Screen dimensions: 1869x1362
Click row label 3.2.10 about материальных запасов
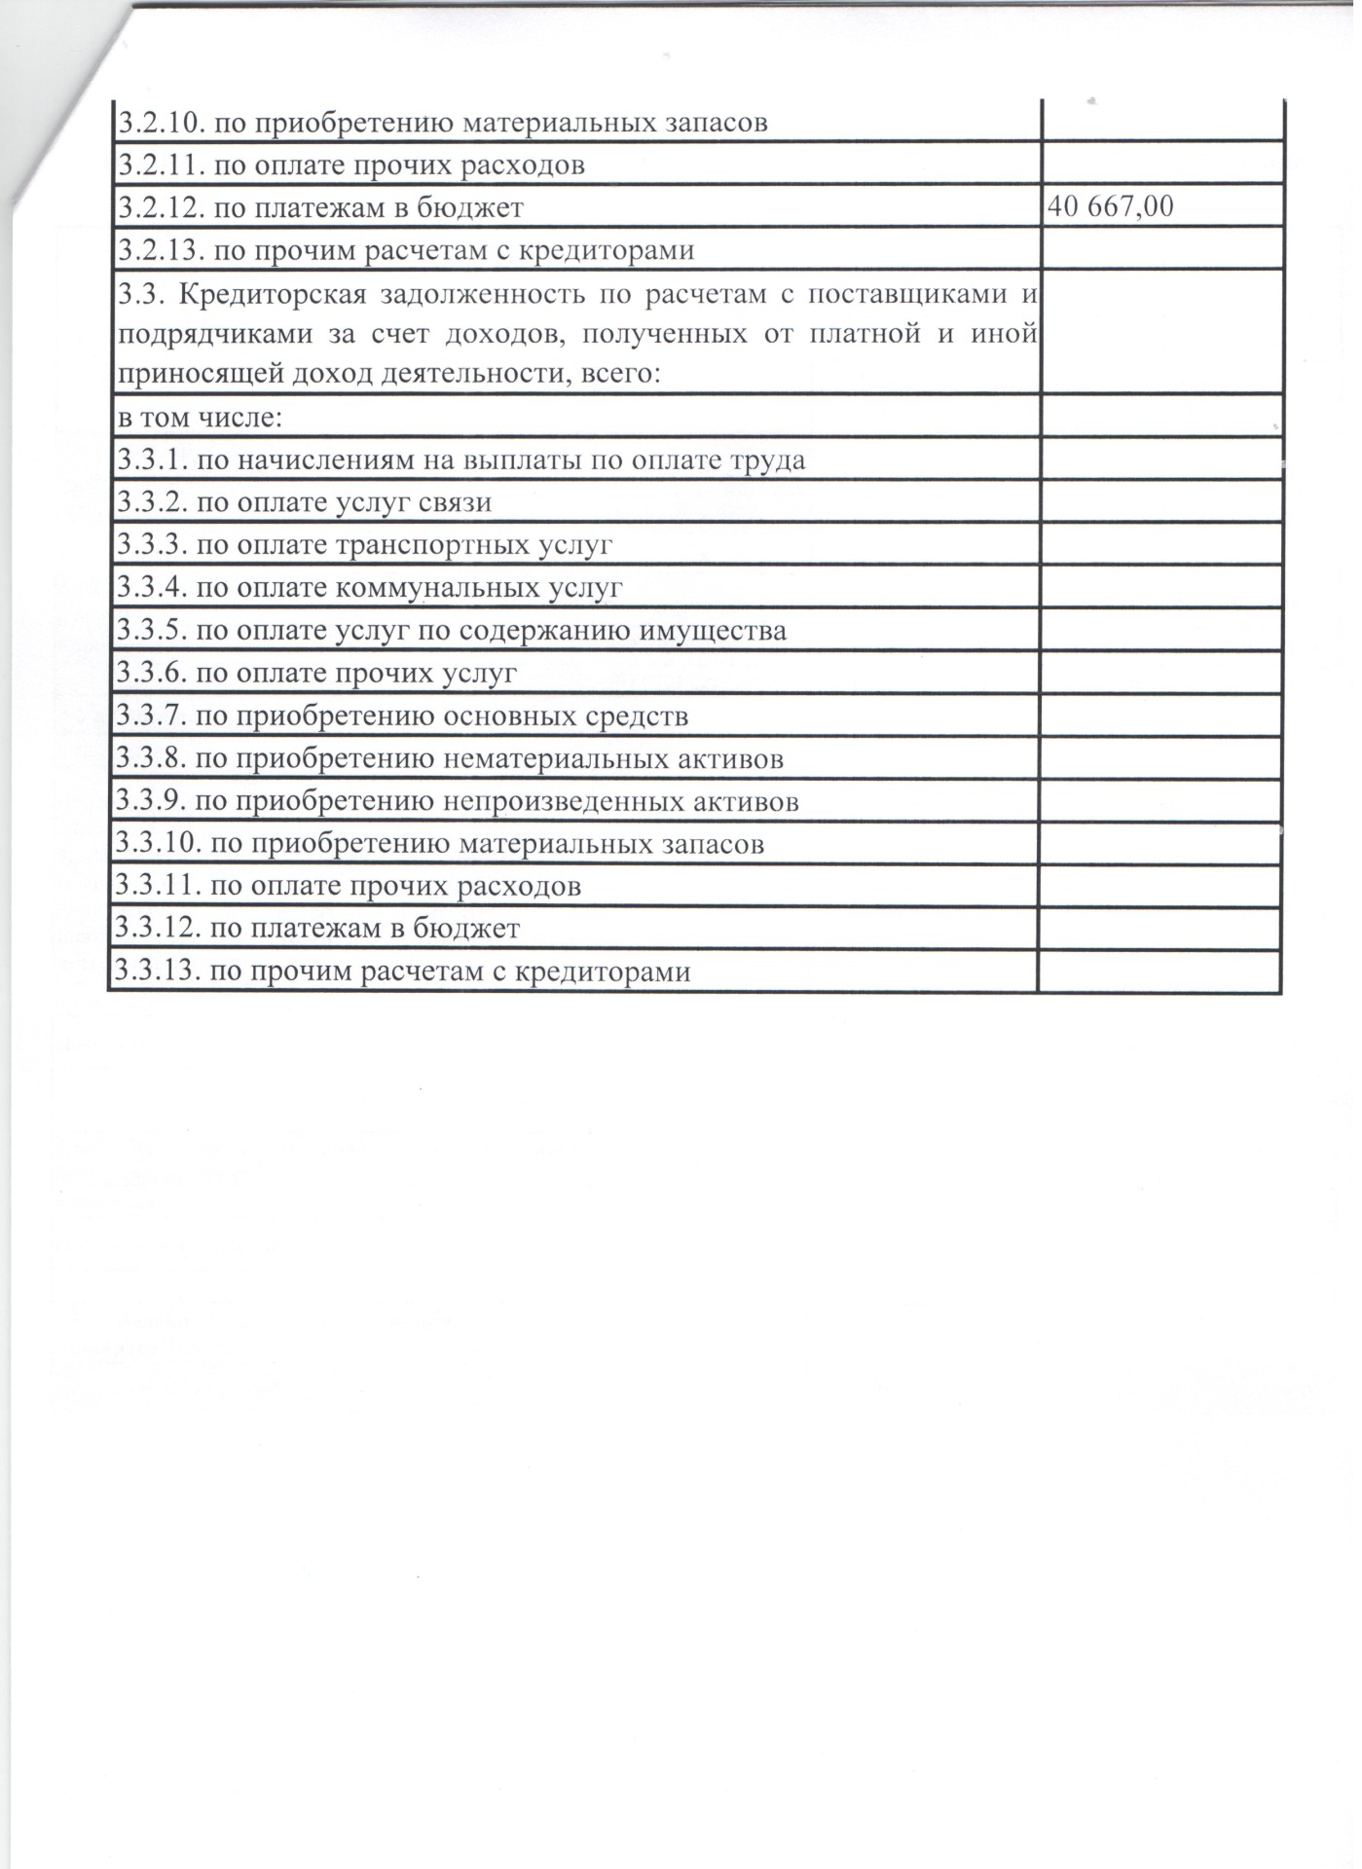pos(443,124)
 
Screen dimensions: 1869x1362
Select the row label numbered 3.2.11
pos(351,165)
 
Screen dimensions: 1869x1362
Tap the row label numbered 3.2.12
pos(321,207)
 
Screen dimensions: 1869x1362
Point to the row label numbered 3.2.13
pos(406,251)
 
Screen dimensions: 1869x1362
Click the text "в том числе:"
pos(201,419)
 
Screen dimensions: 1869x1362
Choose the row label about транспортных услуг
pos(365,544)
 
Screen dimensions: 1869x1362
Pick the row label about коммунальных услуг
pos(370,588)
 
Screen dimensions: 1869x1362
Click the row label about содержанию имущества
pos(452,631)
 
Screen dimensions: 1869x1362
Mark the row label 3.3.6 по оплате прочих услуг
pos(317,673)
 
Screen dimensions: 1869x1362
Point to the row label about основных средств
pos(402,716)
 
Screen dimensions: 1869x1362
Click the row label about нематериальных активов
pos(450,759)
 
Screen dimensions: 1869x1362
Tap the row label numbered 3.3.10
pos(440,844)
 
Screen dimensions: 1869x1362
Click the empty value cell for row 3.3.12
pos(1160,929)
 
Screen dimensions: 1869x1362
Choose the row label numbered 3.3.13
pos(403,971)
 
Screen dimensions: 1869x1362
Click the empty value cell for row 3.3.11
pos(1160,886)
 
